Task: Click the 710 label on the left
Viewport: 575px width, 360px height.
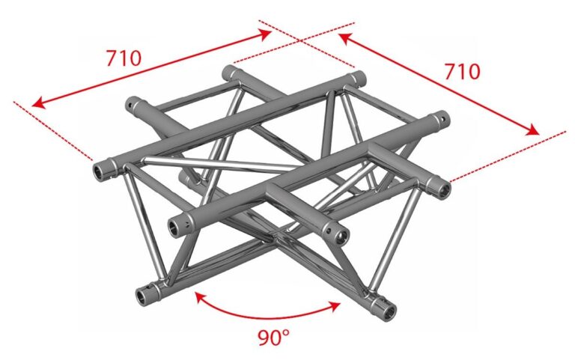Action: click(x=124, y=58)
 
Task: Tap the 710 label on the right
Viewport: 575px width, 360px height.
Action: click(x=462, y=71)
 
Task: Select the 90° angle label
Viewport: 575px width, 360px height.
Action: click(x=273, y=338)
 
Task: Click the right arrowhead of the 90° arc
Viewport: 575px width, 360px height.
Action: click(x=335, y=306)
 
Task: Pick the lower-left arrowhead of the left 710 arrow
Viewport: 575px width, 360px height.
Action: click(x=39, y=103)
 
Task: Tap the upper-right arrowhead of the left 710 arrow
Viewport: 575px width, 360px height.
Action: click(x=265, y=34)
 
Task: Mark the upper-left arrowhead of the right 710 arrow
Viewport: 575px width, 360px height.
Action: click(x=344, y=38)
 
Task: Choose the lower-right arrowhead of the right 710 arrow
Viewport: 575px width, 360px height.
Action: click(x=532, y=129)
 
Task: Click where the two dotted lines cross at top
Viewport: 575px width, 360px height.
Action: click(x=299, y=40)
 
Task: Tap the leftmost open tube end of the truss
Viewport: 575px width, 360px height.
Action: click(x=100, y=172)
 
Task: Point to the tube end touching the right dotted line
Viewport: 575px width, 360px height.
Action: click(x=443, y=189)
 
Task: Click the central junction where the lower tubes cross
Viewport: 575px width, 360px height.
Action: click(x=278, y=237)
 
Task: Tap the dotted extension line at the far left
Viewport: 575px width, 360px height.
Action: click(x=53, y=131)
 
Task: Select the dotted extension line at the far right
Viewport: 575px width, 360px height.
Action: click(x=508, y=156)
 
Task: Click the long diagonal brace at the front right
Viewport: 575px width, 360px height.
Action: click(x=395, y=238)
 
